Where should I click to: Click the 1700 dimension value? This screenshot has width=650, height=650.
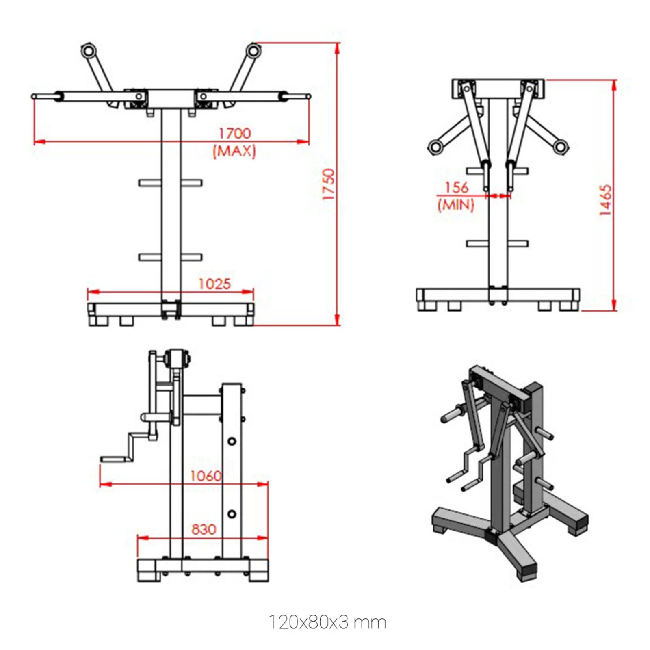(235, 133)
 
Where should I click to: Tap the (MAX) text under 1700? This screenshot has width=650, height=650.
(234, 151)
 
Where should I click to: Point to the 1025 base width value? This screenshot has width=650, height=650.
(214, 284)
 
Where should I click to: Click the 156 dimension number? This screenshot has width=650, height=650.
(457, 187)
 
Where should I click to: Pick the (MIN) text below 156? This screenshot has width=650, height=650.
(456, 204)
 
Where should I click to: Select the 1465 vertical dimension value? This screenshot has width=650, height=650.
(605, 199)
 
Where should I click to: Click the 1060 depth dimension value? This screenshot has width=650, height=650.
(206, 476)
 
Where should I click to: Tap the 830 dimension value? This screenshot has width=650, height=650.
(204, 529)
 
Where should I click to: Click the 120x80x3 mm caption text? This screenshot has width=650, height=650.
(327, 622)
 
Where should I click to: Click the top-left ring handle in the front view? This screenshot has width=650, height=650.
(88, 51)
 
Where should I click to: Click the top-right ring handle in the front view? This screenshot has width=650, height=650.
(253, 51)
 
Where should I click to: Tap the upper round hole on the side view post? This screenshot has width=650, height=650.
(232, 441)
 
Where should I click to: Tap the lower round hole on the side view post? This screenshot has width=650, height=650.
(232, 514)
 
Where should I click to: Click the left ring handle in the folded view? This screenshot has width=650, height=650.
(435, 146)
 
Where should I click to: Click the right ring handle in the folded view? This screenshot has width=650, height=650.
(561, 146)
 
